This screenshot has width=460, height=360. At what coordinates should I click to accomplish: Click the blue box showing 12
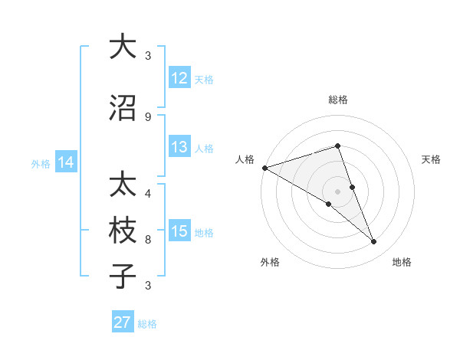click(x=179, y=78)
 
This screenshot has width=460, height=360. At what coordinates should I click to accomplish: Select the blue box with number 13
click(x=179, y=147)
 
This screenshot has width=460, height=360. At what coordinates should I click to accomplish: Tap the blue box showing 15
click(x=179, y=231)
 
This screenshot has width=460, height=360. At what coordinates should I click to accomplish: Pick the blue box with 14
click(x=66, y=162)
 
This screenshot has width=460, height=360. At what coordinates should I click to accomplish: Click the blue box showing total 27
click(x=122, y=322)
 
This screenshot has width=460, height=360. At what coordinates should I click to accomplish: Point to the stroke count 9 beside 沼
click(x=147, y=116)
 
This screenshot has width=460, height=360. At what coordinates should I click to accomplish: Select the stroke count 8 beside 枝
click(x=147, y=239)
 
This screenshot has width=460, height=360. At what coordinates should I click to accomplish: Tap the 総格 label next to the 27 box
click(x=147, y=324)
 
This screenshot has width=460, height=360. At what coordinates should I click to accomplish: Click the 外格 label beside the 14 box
click(x=41, y=163)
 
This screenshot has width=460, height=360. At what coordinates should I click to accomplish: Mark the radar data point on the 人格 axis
click(x=264, y=167)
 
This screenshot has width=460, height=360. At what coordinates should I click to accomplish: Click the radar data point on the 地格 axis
click(x=373, y=242)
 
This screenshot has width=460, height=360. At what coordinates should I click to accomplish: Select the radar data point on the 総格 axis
click(x=337, y=146)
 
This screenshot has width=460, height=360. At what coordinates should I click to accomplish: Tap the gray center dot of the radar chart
click(x=337, y=191)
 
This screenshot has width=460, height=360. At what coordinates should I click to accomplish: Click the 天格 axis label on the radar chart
click(x=431, y=159)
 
